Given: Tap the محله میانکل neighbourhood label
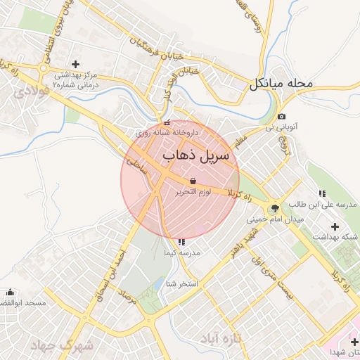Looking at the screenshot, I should click(279, 84).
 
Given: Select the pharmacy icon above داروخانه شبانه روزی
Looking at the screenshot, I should click(166, 123).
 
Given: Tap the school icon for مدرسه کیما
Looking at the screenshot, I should click(181, 242).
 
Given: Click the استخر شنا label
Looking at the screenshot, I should click(181, 283).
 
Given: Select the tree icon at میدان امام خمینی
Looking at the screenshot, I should click(274, 207).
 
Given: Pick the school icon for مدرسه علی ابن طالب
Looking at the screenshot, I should click(322, 193).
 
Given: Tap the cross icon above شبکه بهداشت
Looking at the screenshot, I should click(335, 226).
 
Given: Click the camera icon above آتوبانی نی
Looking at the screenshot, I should click(281, 117).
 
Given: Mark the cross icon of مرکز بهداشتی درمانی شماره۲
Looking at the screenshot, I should click(75, 64).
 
